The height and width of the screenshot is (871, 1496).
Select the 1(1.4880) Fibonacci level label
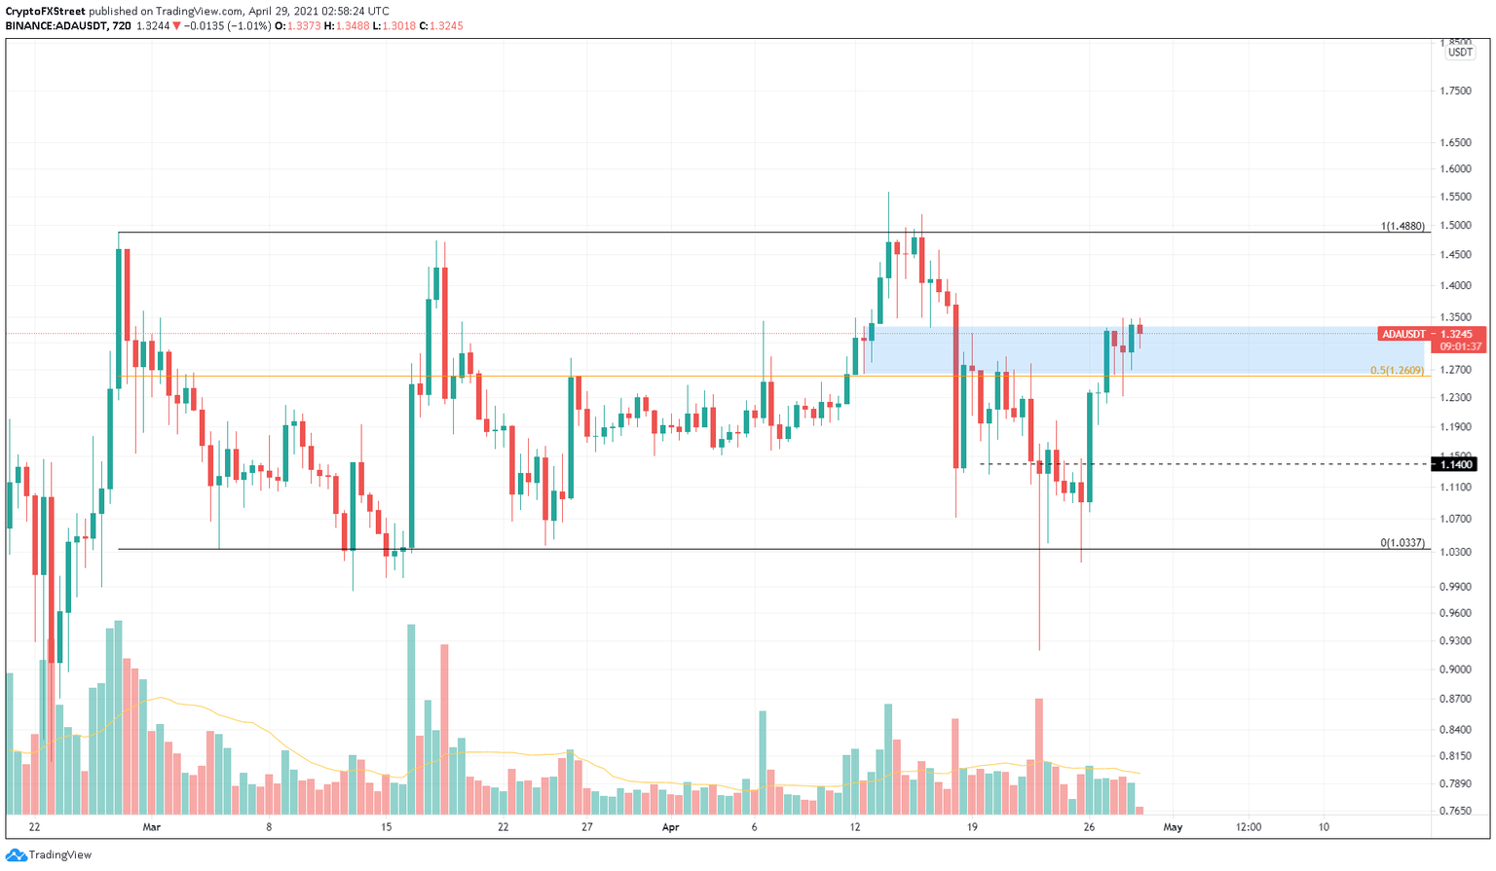click(1402, 226)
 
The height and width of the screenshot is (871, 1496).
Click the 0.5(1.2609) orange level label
click(1397, 371)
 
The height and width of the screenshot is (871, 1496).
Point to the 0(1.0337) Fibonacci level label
click(1402, 543)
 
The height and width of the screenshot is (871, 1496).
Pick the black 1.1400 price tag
click(1458, 464)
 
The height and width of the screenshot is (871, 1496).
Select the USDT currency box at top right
click(1460, 53)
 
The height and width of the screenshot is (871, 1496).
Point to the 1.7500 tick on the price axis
click(1455, 91)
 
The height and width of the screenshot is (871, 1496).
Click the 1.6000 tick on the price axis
click(1455, 168)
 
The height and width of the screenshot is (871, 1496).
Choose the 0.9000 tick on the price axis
click(1455, 670)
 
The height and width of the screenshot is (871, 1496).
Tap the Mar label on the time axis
click(151, 827)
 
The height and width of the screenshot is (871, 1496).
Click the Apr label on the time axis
click(670, 827)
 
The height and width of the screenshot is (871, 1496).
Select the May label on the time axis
click(1173, 827)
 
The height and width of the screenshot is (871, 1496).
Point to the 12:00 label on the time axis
click(1249, 827)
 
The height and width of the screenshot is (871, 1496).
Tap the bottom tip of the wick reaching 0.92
click(1039, 649)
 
